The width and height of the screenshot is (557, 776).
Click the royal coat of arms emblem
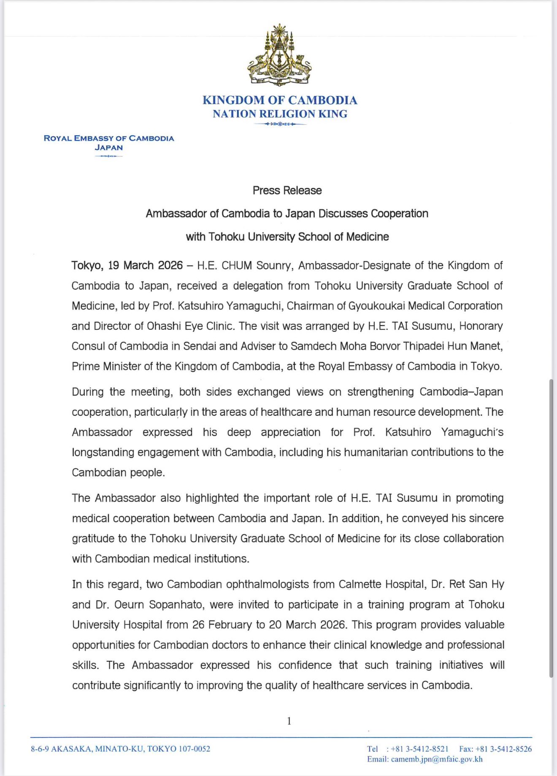(279, 55)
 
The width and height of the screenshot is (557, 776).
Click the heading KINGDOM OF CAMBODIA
(280, 100)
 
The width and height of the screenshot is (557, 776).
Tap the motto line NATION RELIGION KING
(280, 114)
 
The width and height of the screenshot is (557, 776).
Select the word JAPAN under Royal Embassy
(109, 148)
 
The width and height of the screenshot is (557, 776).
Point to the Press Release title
(287, 191)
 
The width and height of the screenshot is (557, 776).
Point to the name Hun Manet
(481, 346)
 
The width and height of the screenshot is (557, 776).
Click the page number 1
(289, 721)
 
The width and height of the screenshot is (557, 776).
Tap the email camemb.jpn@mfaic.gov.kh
(437, 759)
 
